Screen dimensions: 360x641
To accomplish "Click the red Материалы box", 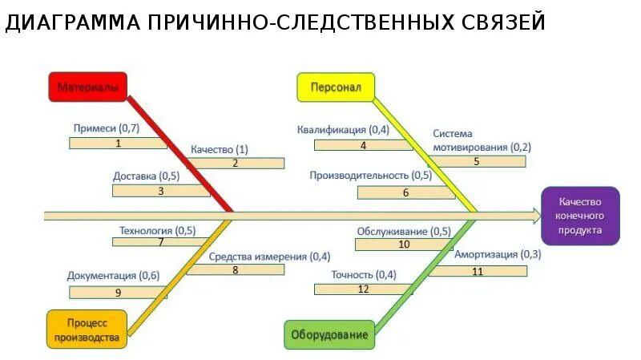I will (x=88, y=87).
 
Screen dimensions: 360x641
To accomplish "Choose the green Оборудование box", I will (x=329, y=334).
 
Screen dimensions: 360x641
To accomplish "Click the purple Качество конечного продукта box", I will (x=580, y=216).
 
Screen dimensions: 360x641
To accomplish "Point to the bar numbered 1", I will (x=118, y=144).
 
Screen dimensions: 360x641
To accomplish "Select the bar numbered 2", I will (x=236, y=163).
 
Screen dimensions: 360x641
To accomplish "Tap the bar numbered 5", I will (x=477, y=161).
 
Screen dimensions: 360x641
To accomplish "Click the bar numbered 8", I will (x=236, y=270).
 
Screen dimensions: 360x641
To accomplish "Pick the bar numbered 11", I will (x=478, y=271).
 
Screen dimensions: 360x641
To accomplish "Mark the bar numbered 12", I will (x=363, y=289).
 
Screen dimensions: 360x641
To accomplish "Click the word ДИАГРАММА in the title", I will (x=70, y=23).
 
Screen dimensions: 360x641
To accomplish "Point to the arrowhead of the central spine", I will (x=536, y=215).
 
